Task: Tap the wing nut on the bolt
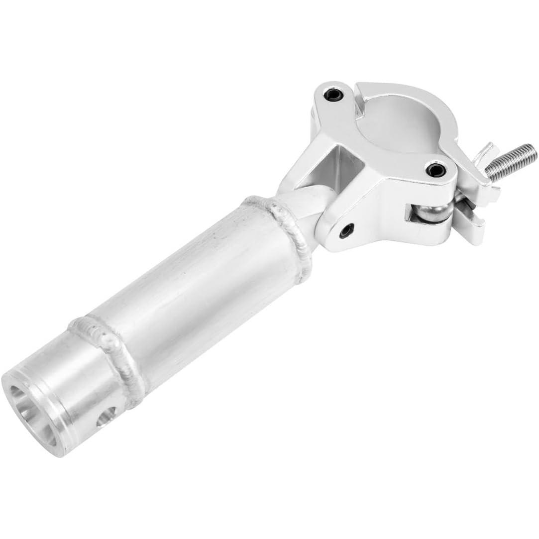pyautogui.click(x=482, y=155)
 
